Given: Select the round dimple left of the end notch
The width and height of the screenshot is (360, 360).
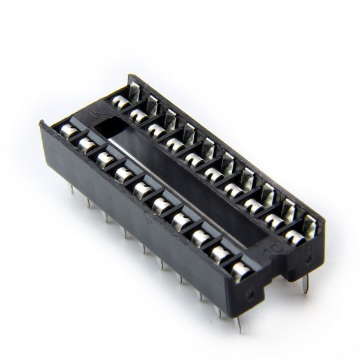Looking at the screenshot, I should (250, 293).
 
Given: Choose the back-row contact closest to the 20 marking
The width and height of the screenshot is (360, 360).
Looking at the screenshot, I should (295, 236).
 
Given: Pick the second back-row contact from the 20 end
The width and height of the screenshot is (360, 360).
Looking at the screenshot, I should (275, 221).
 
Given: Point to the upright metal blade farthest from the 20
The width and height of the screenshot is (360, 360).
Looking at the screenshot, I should (134, 91).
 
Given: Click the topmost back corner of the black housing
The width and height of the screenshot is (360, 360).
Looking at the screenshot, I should (130, 76).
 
